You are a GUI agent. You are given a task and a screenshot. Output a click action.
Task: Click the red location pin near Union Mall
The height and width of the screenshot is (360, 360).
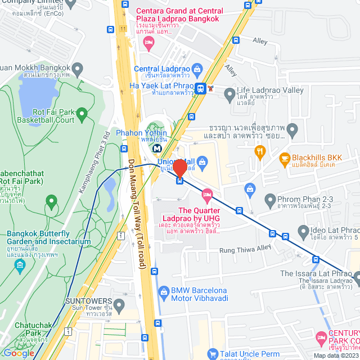tap(179, 168)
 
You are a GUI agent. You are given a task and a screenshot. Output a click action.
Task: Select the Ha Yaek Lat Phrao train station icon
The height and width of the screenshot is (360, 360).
tap(200, 88)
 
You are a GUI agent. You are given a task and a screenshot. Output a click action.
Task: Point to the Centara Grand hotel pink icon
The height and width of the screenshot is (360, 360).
tap(148, 43)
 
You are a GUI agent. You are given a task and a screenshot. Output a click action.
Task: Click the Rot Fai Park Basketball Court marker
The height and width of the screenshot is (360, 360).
tap(82, 115)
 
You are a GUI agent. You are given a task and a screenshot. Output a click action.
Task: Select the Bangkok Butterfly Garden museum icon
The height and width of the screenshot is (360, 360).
tap(20, 264)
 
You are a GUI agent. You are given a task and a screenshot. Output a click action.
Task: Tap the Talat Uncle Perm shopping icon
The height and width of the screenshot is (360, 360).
tap(212, 354)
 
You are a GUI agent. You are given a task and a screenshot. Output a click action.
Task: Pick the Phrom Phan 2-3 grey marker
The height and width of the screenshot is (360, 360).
tap(271, 199)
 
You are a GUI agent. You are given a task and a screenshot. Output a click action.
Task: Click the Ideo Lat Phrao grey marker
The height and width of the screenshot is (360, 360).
tap(304, 231)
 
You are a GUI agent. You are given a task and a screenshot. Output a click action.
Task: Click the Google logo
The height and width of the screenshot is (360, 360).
tap(19, 353)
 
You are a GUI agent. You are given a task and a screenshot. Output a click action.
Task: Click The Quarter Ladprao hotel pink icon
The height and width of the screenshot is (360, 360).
tap(207, 195)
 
